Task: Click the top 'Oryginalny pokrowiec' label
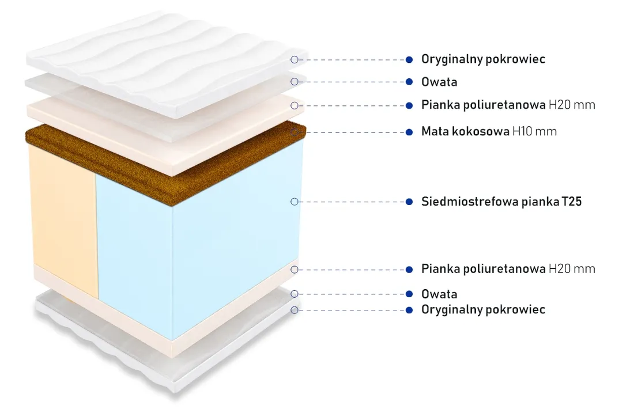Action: coord(483,59)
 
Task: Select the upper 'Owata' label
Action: coord(439,82)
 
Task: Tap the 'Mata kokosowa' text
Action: coord(465,131)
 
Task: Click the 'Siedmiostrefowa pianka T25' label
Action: coord(501,201)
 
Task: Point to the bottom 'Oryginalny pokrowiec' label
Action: coord(483,310)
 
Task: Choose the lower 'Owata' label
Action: coord(439,294)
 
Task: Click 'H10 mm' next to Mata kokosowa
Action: coord(534,131)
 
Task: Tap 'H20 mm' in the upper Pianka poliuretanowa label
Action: coord(572,105)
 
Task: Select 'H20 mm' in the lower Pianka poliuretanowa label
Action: coord(572,269)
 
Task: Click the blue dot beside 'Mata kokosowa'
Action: coord(409,132)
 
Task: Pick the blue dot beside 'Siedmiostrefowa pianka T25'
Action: coord(409,202)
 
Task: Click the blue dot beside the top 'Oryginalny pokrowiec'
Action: coord(409,60)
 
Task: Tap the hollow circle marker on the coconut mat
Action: coord(295,132)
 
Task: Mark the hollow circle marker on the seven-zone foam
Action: coord(295,202)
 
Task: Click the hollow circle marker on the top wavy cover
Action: coord(295,60)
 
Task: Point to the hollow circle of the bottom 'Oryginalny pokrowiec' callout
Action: coord(295,310)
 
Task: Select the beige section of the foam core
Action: coord(63,218)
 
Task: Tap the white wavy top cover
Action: coord(166,60)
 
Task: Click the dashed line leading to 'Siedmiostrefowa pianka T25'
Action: coord(352,202)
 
